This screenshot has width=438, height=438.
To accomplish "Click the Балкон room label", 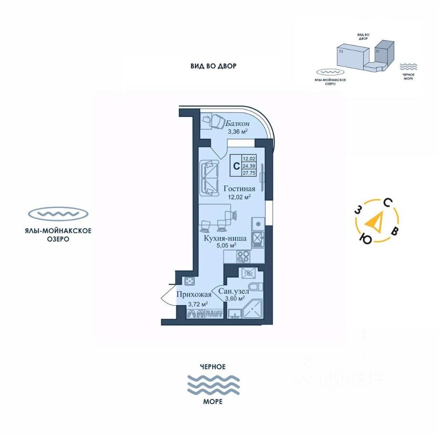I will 237,124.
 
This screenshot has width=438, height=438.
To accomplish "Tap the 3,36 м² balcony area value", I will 238,132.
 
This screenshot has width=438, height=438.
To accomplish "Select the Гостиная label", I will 239,188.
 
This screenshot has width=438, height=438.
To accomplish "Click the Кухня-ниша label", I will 225,238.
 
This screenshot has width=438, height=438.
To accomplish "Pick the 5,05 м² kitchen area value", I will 226,245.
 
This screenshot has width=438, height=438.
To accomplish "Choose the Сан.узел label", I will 234,291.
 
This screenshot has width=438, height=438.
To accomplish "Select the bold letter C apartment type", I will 236,166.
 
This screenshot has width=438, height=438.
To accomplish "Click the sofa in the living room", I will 209,178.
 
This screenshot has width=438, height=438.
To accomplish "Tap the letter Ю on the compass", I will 365,238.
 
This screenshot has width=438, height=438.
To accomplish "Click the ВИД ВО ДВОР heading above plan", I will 214,66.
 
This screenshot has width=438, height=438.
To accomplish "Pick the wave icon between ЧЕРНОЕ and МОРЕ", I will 214,384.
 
